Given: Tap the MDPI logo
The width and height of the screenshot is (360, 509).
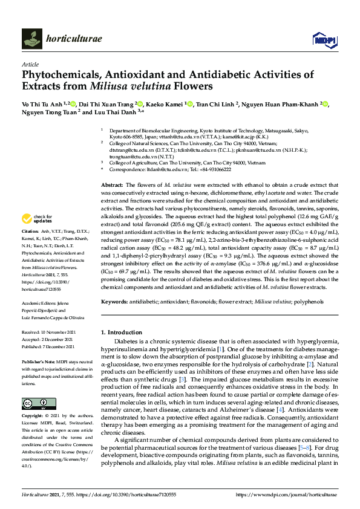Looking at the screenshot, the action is coord(323,39).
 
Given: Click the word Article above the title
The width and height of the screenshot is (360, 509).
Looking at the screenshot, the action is coord(30,63).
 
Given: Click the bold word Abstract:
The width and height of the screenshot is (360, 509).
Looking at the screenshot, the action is coord(113,184).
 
